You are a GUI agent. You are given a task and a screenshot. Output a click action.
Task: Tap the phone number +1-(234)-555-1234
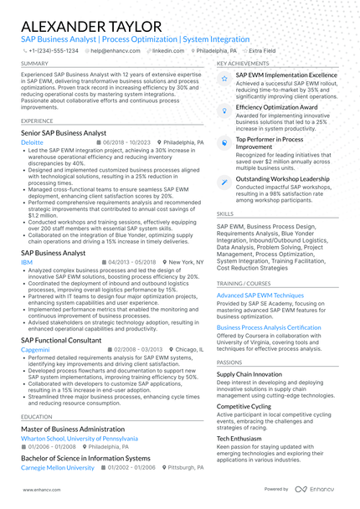pyautogui.click(x=52, y=50)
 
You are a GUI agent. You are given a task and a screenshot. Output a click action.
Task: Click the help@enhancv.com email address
pyautogui.click(x=112, y=50)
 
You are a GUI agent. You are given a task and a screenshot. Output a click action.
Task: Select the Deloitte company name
pyautogui.click(x=33, y=143)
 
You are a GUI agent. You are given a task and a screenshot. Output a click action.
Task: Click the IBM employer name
pyautogui.click(x=27, y=262)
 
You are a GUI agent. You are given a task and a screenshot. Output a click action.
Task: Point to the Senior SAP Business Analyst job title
pyautogui.click(x=64, y=133)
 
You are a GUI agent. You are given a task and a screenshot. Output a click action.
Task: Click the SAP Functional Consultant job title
pyautogui.click(x=62, y=339)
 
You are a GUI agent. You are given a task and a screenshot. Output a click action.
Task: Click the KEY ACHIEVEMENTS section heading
pyautogui.click(x=243, y=64)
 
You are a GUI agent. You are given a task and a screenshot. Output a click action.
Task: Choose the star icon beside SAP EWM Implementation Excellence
pyautogui.click(x=224, y=78)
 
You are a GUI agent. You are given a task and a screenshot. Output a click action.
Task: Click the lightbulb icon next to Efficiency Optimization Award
pyautogui.click(x=224, y=111)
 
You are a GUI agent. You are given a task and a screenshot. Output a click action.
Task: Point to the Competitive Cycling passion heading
pyautogui.click(x=244, y=405)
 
